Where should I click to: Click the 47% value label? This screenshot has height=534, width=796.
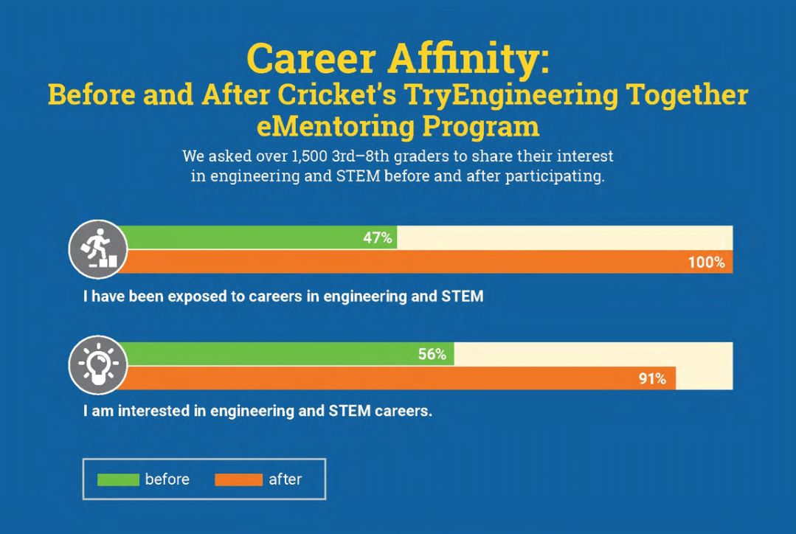tap(377, 238)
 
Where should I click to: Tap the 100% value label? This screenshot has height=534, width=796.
tap(706, 262)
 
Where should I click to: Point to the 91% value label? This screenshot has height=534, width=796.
tap(652, 379)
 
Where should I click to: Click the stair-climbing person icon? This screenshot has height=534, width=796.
tap(98, 249)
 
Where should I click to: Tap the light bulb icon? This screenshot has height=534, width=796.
tap(98, 365)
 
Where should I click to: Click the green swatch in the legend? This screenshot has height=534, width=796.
tap(118, 479)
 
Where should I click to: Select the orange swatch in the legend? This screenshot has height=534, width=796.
tap(238, 479)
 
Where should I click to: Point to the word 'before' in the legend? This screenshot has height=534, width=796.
tap(167, 479)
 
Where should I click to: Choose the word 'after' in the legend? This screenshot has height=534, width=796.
tap(285, 479)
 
